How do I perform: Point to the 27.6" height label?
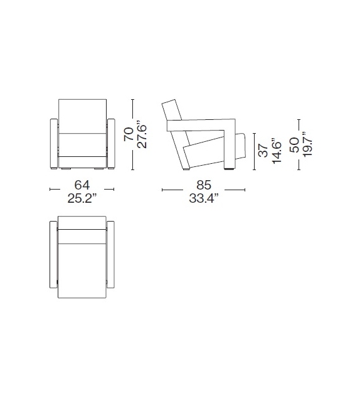[x=143, y=134]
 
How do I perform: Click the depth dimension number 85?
[x=203, y=185]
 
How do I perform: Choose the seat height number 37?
[x=263, y=150]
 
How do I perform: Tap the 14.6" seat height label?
[x=277, y=150]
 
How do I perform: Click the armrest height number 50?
[x=294, y=145]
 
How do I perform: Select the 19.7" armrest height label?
[x=308, y=145]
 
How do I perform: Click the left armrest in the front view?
[x=53, y=142]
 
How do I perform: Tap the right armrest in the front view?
[x=112, y=142]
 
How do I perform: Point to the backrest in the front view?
[x=82, y=115]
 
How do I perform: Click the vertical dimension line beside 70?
[x=134, y=134]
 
